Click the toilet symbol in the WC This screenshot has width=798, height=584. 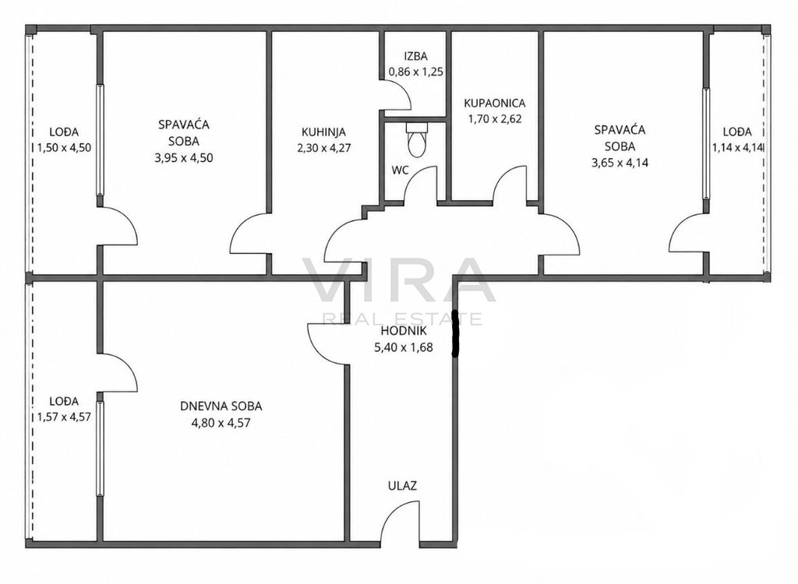(415, 139)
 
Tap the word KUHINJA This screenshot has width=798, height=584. (323, 132)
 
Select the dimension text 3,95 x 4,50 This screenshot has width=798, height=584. (183, 158)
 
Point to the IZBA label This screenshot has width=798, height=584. (415, 57)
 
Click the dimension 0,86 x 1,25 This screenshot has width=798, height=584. (415, 72)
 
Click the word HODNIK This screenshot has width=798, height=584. (404, 332)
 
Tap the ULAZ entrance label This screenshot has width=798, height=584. (403, 486)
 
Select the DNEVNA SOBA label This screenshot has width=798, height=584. (221, 406)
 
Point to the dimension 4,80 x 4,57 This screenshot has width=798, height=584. (221, 423)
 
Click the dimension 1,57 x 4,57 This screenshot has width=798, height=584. (64, 417)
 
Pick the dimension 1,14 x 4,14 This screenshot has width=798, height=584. (739, 148)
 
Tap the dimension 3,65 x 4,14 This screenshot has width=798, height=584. (620, 164)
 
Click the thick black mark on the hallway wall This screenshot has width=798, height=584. (455, 333)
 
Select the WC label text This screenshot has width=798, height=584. (400, 171)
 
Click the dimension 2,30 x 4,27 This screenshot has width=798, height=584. (323, 149)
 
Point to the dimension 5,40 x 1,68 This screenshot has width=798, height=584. (404, 348)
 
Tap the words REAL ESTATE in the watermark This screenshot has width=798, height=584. (403, 319)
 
